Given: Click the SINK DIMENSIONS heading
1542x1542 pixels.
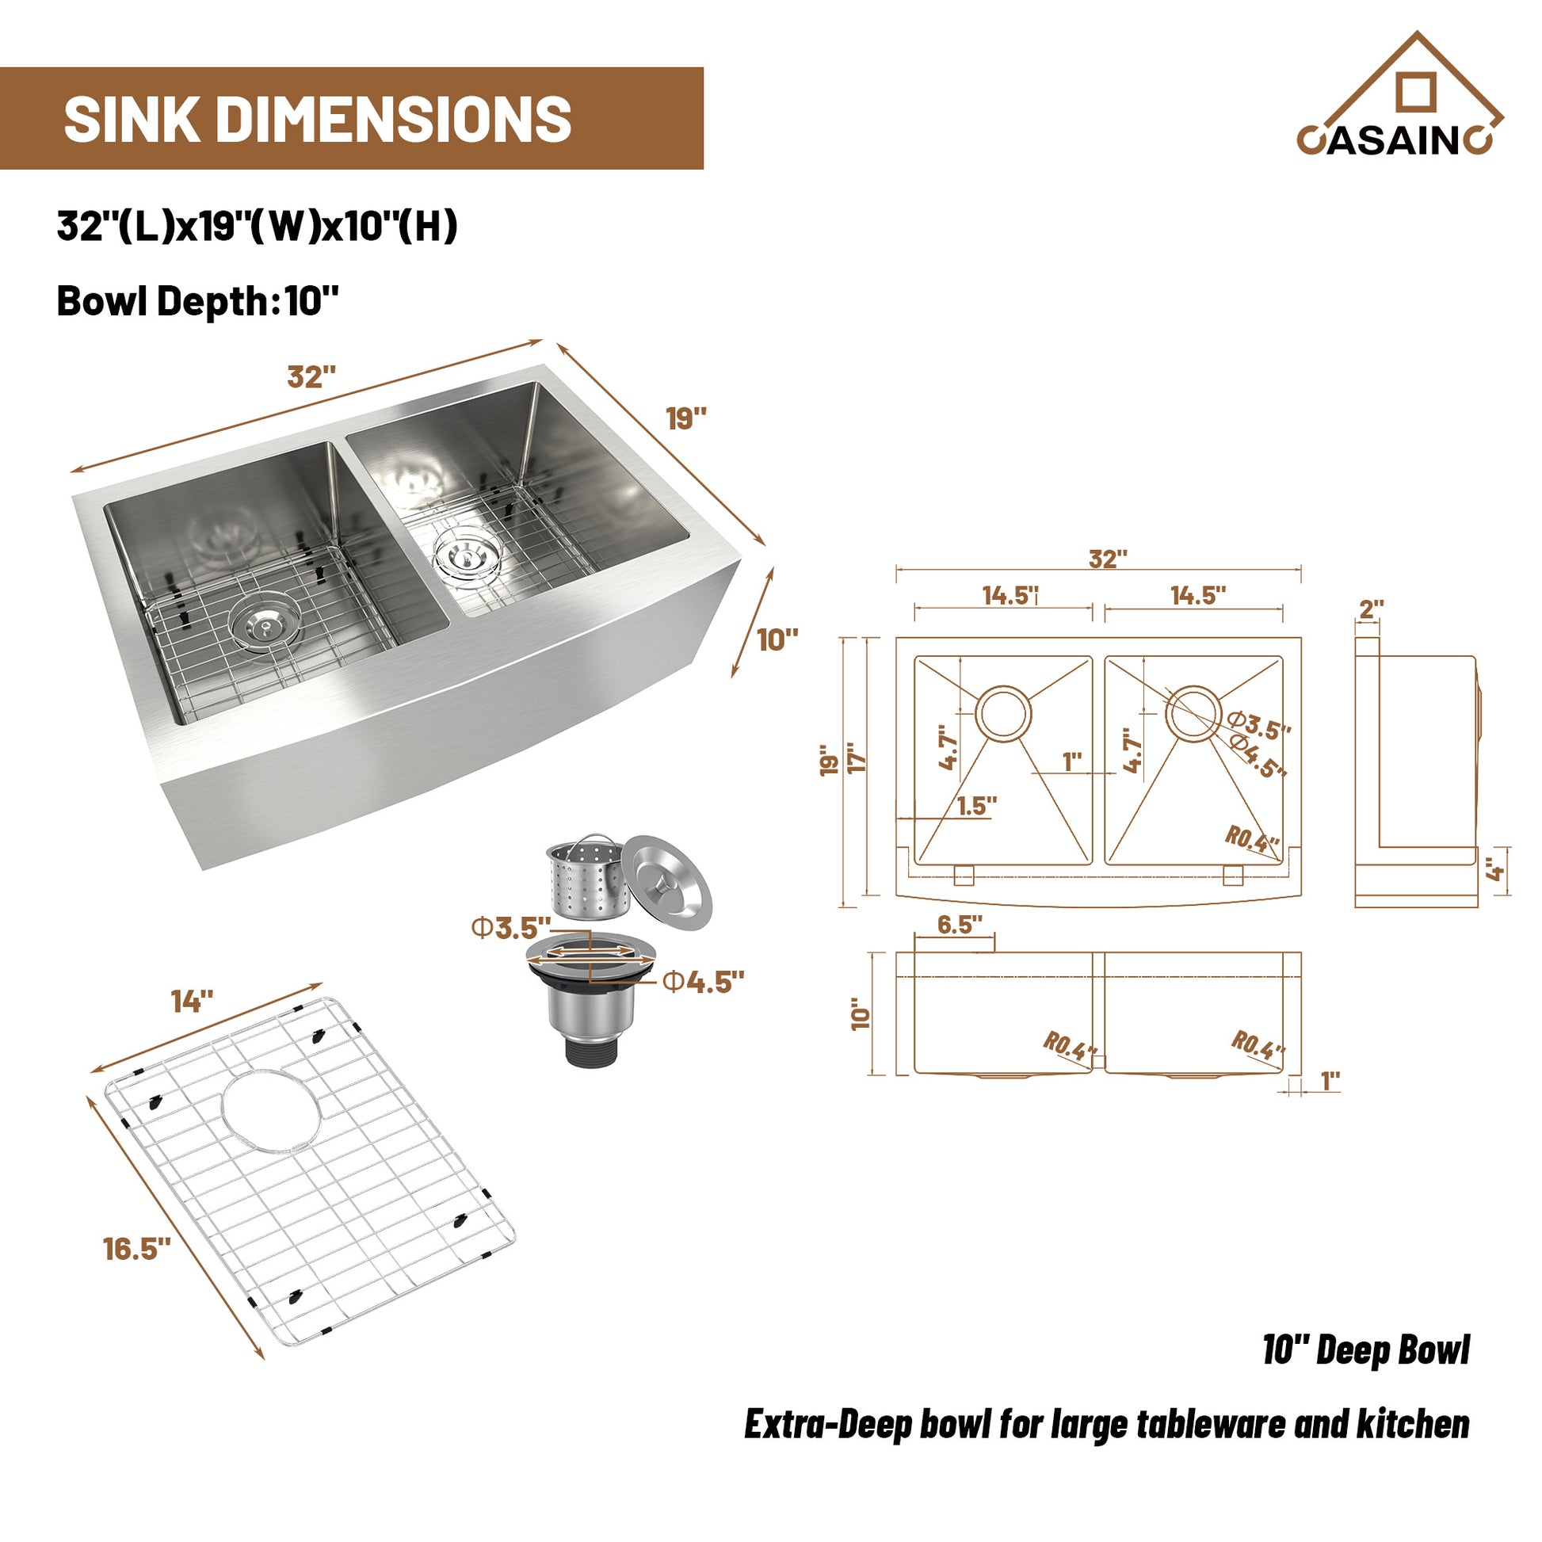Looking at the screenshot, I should click(x=318, y=119).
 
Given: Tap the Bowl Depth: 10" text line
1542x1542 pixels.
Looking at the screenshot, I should click(x=198, y=302).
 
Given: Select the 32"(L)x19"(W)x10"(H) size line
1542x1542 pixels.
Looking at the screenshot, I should click(x=257, y=226).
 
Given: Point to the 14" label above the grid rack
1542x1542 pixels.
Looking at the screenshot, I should click(x=193, y=1001).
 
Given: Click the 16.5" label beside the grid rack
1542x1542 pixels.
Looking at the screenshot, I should click(x=137, y=1249).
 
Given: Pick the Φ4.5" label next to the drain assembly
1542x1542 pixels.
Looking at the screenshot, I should click(x=703, y=983).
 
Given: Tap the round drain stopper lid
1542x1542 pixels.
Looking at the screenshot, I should click(x=666, y=882).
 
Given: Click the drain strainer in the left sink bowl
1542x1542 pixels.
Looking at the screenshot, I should click(x=265, y=625).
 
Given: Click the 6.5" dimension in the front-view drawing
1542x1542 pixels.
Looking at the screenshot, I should click(x=960, y=925).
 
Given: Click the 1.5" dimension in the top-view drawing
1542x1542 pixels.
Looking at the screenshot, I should click(x=976, y=806).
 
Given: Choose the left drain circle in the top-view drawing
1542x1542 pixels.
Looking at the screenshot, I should click(x=1003, y=712).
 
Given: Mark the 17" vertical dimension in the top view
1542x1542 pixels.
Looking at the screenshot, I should click(x=857, y=758).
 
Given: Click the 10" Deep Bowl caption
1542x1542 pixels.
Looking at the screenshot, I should click(x=1365, y=1351).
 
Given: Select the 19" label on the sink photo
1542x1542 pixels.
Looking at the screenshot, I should click(x=686, y=418).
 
